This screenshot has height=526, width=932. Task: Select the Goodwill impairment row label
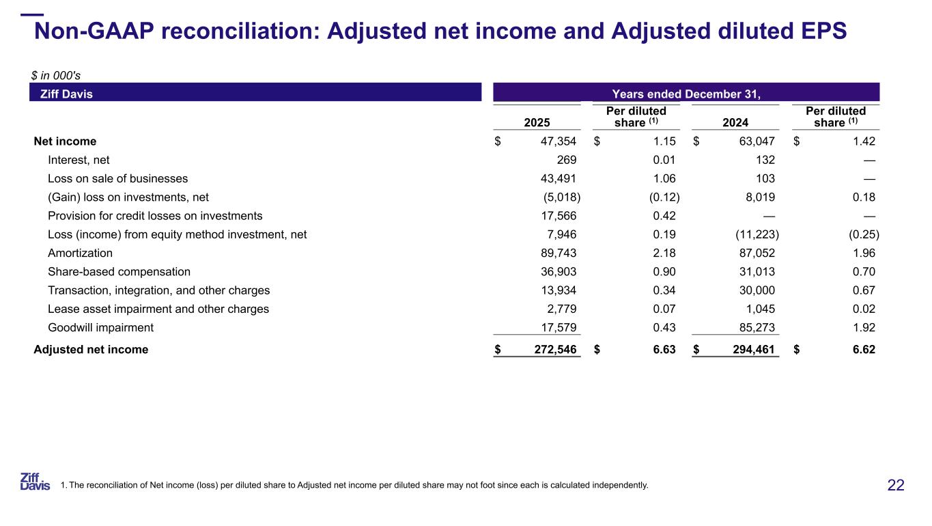click(100, 327)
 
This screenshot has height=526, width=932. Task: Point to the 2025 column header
click(537, 122)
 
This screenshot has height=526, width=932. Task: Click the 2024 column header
click(735, 122)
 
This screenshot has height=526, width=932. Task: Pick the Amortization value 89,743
click(557, 253)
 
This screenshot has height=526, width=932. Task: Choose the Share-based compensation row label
click(119, 271)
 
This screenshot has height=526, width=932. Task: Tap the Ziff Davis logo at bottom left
click(35, 481)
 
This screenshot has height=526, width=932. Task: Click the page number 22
click(896, 485)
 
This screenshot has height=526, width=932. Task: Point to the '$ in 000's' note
click(57, 75)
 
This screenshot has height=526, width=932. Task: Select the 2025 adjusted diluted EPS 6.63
click(664, 350)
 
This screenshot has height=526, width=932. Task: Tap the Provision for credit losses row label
click(155, 216)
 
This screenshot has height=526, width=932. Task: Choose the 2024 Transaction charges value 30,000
click(755, 290)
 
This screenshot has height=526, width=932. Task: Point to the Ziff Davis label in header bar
click(67, 94)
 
